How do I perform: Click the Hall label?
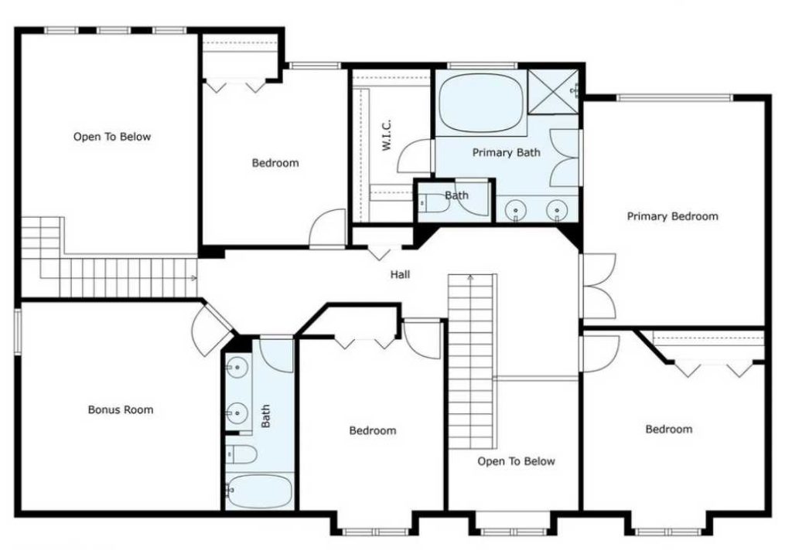click(x=400, y=274)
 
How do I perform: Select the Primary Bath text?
click(x=506, y=153)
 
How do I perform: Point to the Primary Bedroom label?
click(x=671, y=216)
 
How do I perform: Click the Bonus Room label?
click(x=120, y=409)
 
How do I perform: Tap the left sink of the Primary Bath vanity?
click(x=516, y=209)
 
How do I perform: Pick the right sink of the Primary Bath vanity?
click(x=556, y=209)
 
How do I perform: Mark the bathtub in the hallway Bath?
click(x=259, y=490)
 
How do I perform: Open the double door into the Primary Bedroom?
click(x=597, y=286)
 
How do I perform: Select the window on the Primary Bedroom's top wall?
click(x=674, y=97)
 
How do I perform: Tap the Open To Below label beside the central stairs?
click(x=516, y=461)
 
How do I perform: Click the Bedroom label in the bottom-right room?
click(x=669, y=429)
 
